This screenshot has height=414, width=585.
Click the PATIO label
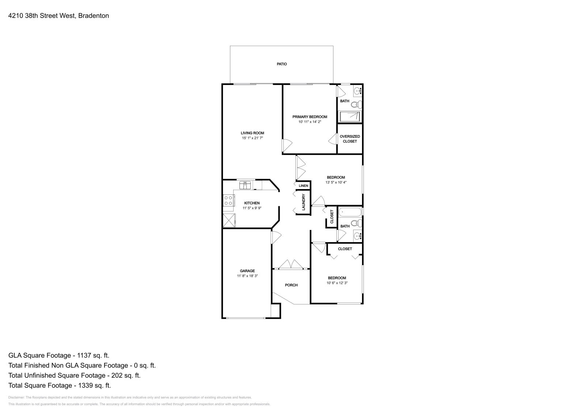click(282, 64)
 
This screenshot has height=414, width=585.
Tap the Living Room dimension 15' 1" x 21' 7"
click(252, 138)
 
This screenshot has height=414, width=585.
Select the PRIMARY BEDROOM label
click(310, 117)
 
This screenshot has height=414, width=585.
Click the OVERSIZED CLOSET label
click(350, 139)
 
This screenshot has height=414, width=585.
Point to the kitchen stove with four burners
click(229, 201)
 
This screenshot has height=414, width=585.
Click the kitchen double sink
click(245, 185)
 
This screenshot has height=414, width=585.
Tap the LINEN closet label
click(303, 186)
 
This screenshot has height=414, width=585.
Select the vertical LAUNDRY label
click(303, 202)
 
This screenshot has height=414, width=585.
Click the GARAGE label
click(247, 271)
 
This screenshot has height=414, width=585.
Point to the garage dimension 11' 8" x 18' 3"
click(247, 276)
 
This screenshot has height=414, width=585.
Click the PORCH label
click(291, 285)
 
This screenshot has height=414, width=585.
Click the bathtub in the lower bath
click(350, 212)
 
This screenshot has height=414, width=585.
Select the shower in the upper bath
click(350, 117)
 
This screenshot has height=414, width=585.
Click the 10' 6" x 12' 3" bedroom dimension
click(337, 283)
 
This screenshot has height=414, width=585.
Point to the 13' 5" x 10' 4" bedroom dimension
click(336, 182)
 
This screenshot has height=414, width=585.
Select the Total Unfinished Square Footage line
click(74, 375)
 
